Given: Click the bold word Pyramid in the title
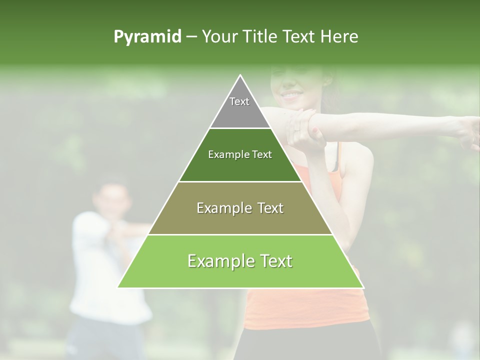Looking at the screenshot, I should (147, 37).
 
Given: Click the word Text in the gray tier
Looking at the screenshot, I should (239, 101).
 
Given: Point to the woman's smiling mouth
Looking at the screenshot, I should (291, 94).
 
